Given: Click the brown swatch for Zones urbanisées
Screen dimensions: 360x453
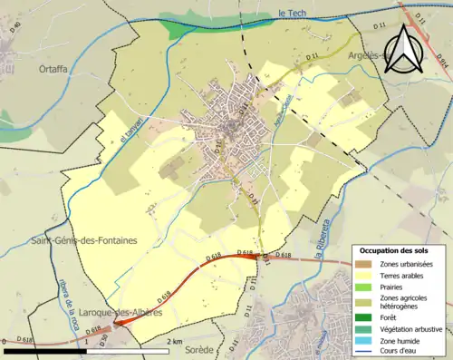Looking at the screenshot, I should click(364, 264).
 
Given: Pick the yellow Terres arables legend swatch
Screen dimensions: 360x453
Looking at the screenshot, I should click(364, 275).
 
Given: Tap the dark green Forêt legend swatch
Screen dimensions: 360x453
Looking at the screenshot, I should click(364, 317).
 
